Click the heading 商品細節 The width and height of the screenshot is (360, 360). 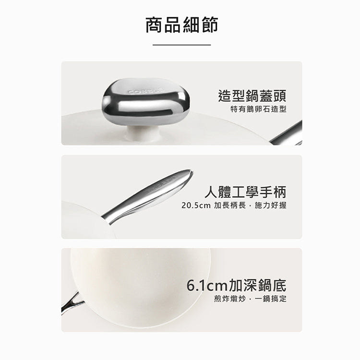coord(181,24)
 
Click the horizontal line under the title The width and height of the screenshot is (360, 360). coord(181,45)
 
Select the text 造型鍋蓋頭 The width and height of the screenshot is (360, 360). coord(252,95)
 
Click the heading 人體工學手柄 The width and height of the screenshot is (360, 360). coord(245,192)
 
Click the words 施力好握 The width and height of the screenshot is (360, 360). coord(272,205)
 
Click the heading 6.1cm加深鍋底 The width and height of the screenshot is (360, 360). coord(236,286)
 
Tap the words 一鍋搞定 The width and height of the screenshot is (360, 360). coord(272,300)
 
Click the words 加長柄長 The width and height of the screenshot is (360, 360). coord(228,205)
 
